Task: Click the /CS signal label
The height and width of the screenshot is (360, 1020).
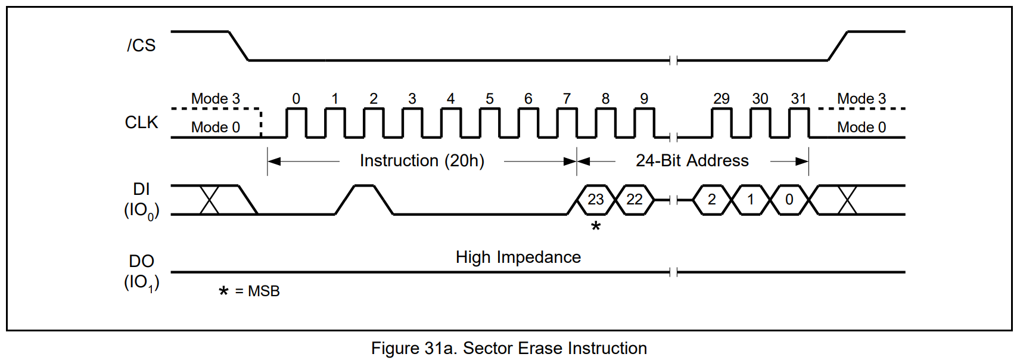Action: pos(141,45)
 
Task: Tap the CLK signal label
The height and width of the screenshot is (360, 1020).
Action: pos(141,122)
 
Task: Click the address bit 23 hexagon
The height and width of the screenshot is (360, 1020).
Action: pos(596,200)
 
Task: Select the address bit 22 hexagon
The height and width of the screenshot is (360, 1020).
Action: pos(635,200)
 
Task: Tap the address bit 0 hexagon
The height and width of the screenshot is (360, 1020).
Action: pos(789,200)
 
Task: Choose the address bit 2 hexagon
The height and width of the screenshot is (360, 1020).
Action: pos(711,200)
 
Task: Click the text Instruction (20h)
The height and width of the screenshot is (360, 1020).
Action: pos(422,161)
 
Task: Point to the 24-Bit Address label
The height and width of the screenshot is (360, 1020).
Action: pos(692,161)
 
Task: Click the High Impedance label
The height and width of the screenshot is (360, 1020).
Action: pos(518,257)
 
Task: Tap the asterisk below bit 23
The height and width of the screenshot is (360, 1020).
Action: pos(596,226)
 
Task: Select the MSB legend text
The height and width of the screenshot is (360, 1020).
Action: pos(263,291)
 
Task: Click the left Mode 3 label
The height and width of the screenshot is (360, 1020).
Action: pos(215,99)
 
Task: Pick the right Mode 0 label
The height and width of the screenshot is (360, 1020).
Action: pos(861,127)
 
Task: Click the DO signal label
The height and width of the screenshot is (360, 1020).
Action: pos(141,261)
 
